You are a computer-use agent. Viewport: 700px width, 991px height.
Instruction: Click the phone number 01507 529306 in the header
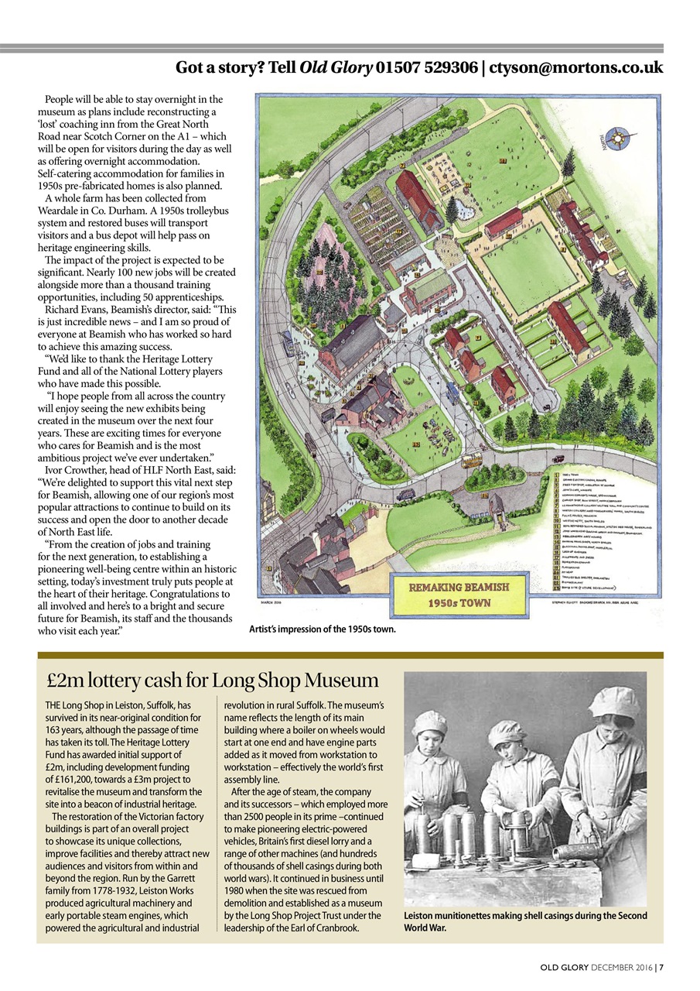coord(427,68)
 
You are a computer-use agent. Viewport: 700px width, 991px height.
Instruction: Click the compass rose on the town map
coord(620,139)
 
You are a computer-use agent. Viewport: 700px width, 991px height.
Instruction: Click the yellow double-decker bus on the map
coord(469,460)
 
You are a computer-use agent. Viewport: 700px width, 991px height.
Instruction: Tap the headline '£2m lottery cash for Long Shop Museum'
coord(212,681)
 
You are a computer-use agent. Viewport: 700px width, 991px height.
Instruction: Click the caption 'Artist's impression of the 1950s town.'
coord(322,629)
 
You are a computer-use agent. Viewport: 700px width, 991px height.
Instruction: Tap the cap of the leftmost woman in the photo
coord(429,722)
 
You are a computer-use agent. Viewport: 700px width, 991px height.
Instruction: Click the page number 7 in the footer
coord(661,967)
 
